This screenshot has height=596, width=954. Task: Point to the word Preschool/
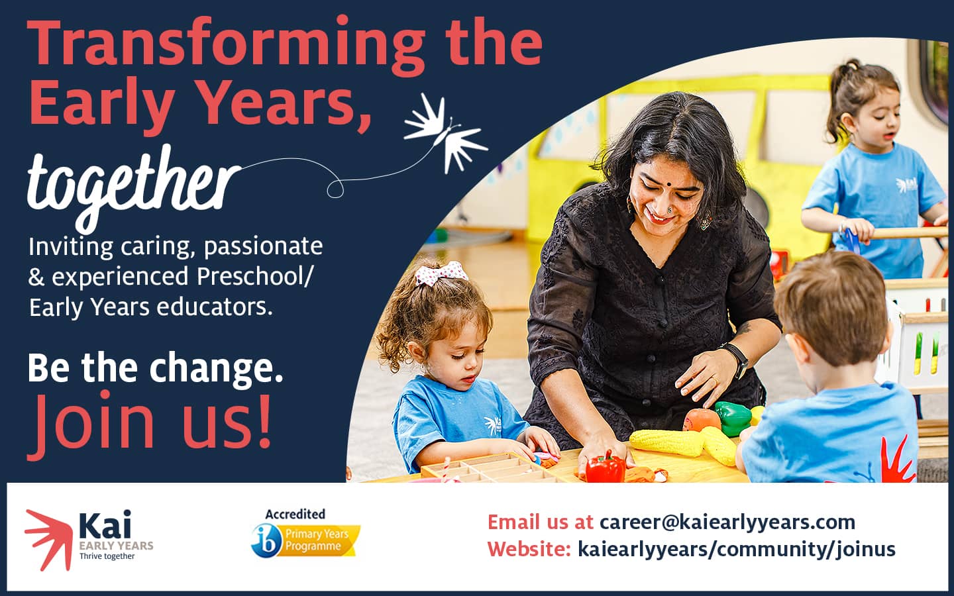point(254,277)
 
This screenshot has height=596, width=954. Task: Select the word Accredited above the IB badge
point(295,515)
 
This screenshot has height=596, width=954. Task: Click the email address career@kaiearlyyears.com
point(727,522)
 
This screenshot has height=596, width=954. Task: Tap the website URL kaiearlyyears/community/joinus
point(737,549)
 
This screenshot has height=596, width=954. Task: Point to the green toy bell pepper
point(733,419)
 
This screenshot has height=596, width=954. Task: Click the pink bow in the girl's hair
point(441,272)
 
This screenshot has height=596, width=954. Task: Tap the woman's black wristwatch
point(736,360)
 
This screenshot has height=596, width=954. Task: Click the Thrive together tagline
point(107,556)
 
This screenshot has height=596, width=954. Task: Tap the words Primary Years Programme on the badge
point(317,540)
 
